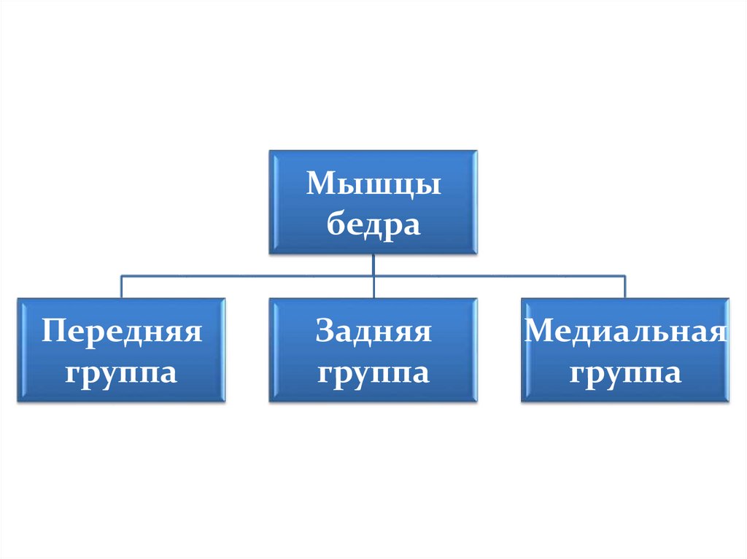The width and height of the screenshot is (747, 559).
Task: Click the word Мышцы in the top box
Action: tap(373, 184)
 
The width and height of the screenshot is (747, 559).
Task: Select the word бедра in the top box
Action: tap(373, 225)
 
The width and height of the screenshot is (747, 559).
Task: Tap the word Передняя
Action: tap(121, 333)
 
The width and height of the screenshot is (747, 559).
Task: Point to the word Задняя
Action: tap(373, 333)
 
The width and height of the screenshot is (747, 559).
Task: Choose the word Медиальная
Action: tap(625, 333)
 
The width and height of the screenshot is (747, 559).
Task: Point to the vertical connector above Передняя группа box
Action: tap(121, 286)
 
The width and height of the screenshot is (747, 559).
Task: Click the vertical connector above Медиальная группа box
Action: tap(625, 286)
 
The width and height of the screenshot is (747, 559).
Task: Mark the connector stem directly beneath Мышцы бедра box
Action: tap(373, 264)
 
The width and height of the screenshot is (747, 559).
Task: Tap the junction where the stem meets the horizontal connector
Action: tap(373, 275)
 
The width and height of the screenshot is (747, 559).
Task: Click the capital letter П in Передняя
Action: tap(53, 332)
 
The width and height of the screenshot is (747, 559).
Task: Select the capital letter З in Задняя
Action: tap(324, 332)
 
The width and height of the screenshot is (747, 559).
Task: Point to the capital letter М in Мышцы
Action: tap(321, 183)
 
